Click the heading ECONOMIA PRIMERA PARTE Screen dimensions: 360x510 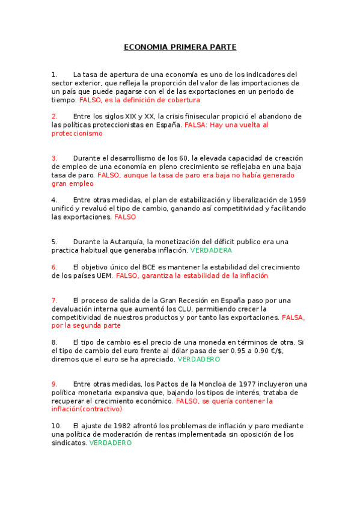coord(180,47)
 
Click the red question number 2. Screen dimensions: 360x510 coord(54,116)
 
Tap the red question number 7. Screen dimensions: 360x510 coord(54,300)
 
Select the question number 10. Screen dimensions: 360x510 coord(55,426)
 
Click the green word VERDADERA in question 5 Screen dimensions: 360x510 coord(210,250)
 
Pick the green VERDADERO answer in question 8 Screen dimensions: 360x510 coord(199,359)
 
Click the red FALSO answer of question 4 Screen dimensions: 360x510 coord(125,217)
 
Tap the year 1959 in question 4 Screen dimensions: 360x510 coord(299,200)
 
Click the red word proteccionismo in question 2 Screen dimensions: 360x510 coord(77,133)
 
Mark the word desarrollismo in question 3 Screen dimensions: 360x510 coord(138,158)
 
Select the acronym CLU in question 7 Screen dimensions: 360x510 coord(180,309)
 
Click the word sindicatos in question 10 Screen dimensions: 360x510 coord(69,443)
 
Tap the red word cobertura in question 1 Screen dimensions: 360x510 coord(182,100)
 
